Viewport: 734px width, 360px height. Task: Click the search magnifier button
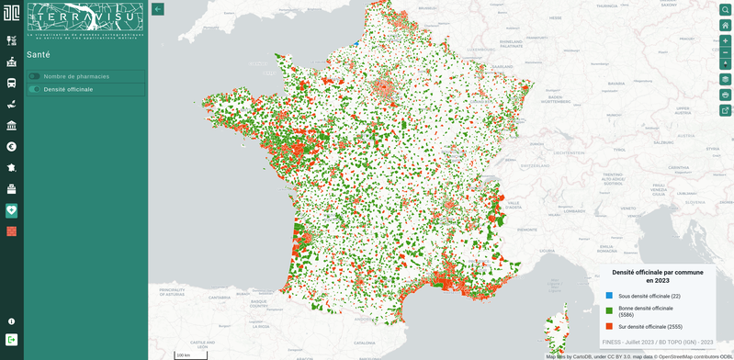725,9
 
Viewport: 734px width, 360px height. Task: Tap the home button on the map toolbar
725,25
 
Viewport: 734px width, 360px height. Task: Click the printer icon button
725,95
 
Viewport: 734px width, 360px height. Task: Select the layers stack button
725,79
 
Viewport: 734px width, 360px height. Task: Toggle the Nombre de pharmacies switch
35,76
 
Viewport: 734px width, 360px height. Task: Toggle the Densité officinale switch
35,89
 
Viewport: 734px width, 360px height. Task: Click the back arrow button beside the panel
158,9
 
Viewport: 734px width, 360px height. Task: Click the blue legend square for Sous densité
609,296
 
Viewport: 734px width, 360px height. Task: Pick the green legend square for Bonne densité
609,311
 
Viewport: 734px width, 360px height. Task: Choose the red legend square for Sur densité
609,326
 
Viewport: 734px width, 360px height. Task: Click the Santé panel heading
39,55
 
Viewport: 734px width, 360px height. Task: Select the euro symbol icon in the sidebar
12,146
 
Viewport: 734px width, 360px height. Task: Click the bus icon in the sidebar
12,83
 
